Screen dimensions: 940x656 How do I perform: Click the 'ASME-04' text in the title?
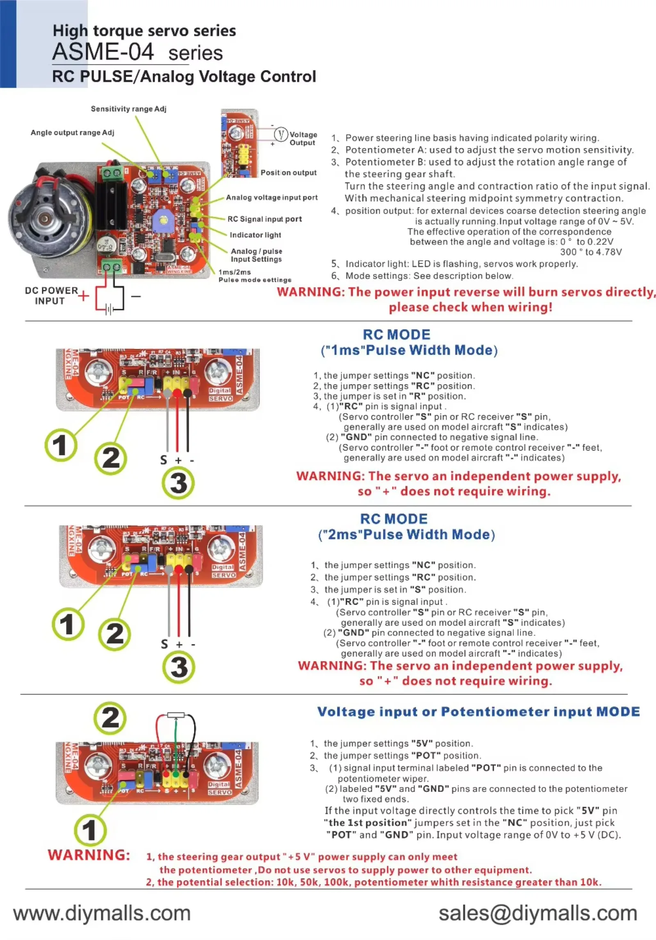point(103,52)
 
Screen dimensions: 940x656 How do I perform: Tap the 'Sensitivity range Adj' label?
point(128,109)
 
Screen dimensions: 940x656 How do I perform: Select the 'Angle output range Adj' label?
point(72,132)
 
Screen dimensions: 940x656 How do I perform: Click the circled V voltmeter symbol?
point(281,134)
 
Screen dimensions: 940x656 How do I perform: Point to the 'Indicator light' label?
point(255,235)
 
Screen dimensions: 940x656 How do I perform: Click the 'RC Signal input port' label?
point(264,219)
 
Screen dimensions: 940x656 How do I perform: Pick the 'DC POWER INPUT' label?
point(50,296)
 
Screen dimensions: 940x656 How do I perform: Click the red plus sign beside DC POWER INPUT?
point(83,296)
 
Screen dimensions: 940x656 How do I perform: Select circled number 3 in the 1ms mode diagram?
point(178,483)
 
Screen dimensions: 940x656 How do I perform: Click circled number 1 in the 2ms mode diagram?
point(68,624)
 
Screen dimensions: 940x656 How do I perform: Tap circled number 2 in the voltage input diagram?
point(110,718)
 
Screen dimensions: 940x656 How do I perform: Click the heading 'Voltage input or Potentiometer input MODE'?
point(478,712)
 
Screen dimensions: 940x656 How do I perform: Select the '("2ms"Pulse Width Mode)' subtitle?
point(406,535)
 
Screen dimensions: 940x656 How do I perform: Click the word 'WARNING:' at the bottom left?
point(89,855)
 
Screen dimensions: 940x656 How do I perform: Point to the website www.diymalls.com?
point(102,913)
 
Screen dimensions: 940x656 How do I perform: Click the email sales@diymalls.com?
point(538,913)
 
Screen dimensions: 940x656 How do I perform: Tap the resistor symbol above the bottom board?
point(175,715)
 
